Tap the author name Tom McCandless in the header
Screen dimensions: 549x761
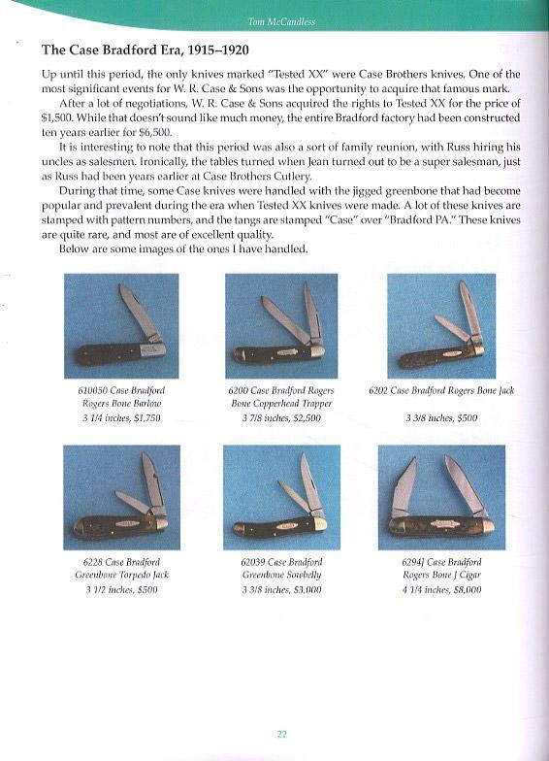(x=281, y=21)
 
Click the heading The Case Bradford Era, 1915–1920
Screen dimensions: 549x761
(x=145, y=50)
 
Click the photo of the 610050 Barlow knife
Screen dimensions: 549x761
(x=121, y=326)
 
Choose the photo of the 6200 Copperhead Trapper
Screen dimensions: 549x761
(x=281, y=326)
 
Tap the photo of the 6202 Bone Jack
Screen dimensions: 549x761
(x=441, y=326)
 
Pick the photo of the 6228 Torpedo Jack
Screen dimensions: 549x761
(x=122, y=497)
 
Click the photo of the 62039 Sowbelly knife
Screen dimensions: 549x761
(x=281, y=497)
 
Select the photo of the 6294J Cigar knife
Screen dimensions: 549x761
(x=441, y=497)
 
